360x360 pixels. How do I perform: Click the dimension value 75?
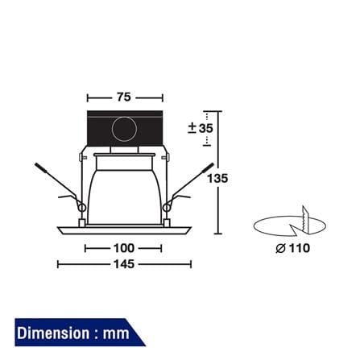click(124, 97)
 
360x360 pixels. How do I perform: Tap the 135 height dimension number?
click(217, 178)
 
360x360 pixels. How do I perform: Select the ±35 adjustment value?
click(201, 128)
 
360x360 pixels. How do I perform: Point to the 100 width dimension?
click(124, 248)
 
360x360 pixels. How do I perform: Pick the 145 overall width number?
click(124, 264)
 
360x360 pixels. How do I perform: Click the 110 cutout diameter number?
click(300, 248)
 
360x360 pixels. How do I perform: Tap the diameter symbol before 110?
click(280, 248)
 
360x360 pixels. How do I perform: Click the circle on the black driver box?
click(124, 129)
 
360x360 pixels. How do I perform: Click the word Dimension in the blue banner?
click(53, 333)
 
